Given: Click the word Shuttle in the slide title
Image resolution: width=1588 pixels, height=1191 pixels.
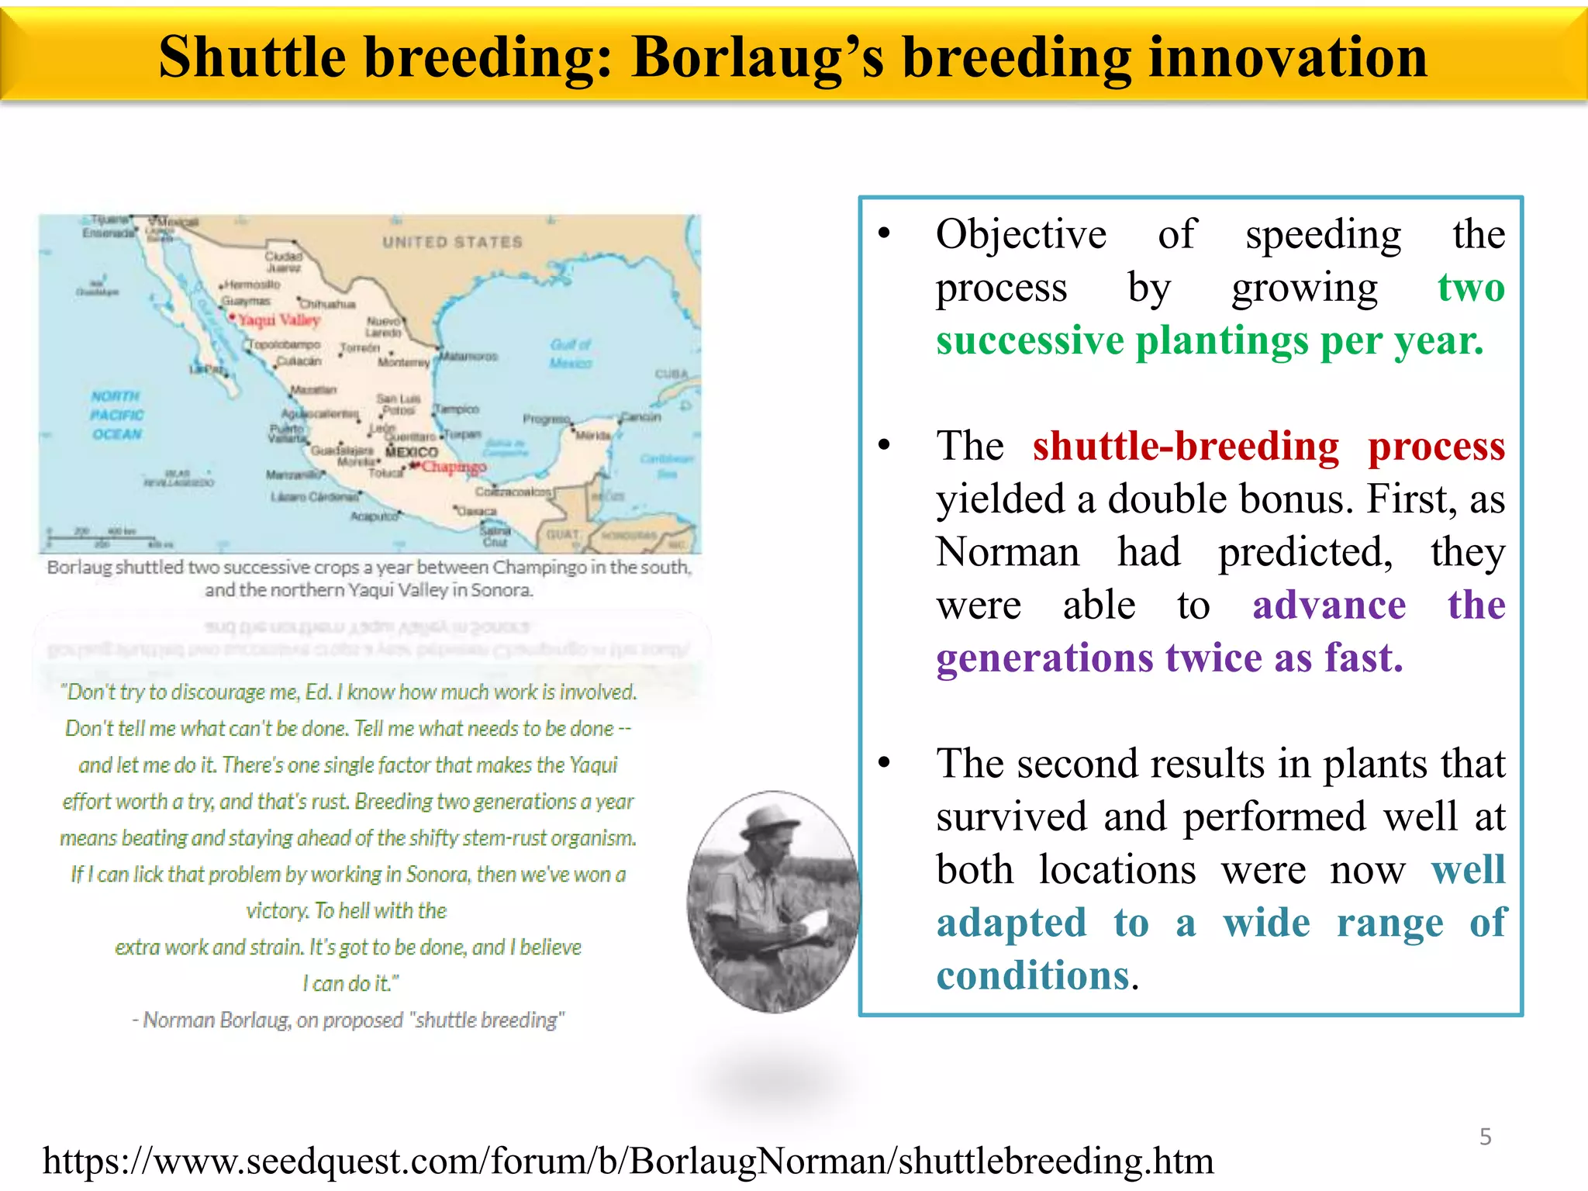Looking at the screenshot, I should [x=252, y=57].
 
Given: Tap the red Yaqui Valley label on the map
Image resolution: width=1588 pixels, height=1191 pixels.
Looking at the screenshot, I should [x=278, y=320].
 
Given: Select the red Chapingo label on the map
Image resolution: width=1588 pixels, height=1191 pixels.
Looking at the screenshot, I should [x=454, y=467].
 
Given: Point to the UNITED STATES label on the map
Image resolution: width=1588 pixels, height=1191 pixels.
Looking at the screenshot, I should [x=452, y=242].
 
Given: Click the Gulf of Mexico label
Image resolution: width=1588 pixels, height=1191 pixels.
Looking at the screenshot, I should [x=571, y=354].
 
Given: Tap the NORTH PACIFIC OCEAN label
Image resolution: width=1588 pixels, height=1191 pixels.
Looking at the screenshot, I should [x=116, y=415].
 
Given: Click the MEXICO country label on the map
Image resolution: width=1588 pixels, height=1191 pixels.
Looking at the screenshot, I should [x=412, y=451].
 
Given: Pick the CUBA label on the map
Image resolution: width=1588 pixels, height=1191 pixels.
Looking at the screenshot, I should [x=671, y=374].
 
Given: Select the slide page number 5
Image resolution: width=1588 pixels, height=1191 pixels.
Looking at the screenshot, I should [x=1485, y=1137].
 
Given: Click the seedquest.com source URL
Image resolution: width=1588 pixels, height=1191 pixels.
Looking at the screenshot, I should [x=628, y=1162].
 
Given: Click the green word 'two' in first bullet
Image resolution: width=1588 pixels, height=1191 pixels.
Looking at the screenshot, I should [x=1471, y=287].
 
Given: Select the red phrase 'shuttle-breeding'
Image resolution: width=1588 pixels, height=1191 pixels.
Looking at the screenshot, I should [x=1186, y=447].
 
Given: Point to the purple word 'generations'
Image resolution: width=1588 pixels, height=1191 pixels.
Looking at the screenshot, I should [x=1044, y=658].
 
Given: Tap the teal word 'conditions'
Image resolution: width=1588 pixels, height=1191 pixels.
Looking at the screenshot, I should [x=1032, y=975].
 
